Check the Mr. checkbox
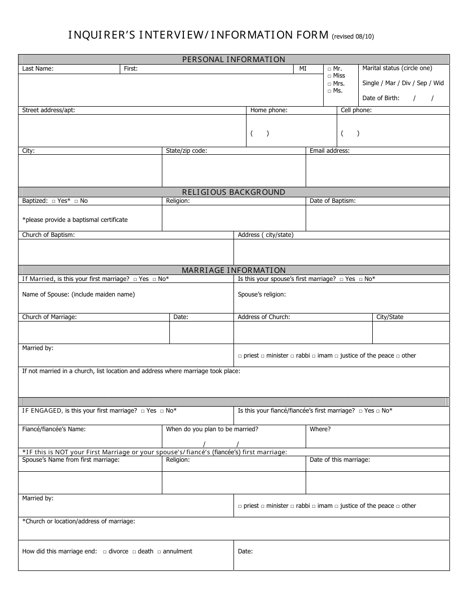tap(329, 69)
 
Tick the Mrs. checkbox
tap(329, 84)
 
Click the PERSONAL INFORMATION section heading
tap(233, 59)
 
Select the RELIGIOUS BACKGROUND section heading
tap(233, 192)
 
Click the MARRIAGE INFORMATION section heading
tap(233, 270)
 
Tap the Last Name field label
tap(38, 69)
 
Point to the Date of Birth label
tap(381, 98)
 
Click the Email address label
tap(330, 151)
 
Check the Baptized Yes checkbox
tap(54, 201)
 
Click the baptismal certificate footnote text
tap(75, 220)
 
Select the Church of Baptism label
tap(48, 235)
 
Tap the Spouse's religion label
tap(262, 294)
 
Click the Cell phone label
tap(356, 110)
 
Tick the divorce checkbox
tap(105, 552)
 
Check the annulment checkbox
tap(159, 552)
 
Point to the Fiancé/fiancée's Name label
tap(54, 429)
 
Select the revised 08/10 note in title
tap(353, 36)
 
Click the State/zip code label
tap(186, 151)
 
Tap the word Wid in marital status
tap(438, 83)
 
